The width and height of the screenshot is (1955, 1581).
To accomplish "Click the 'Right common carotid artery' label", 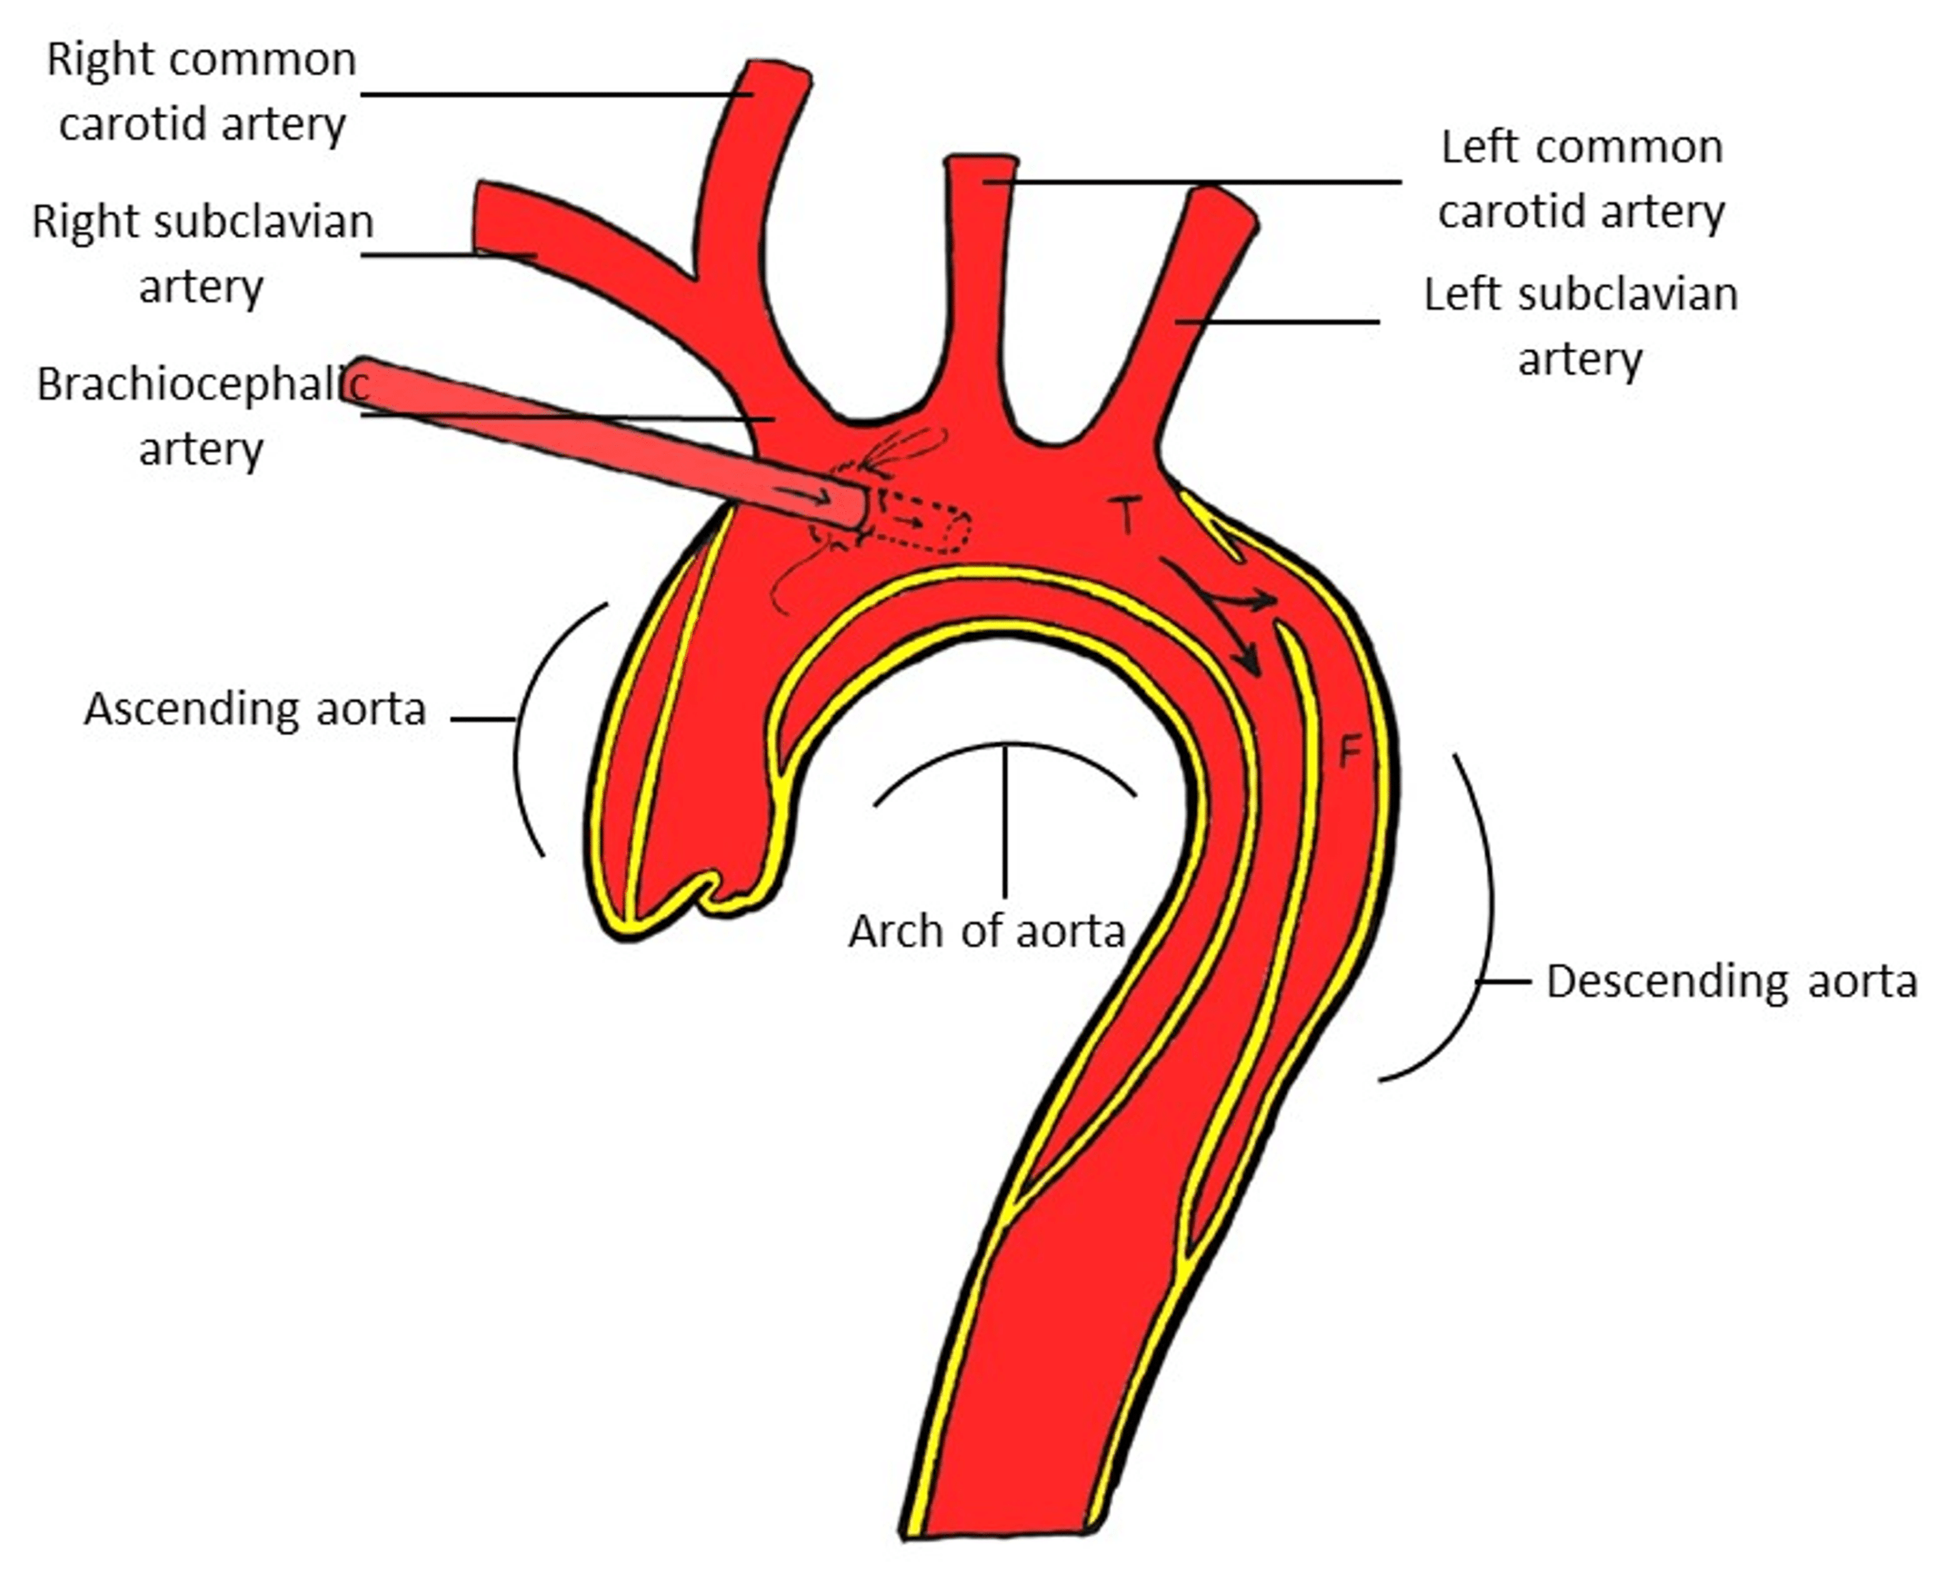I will pyautogui.click(x=201, y=91).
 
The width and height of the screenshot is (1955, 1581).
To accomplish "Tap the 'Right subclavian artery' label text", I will pyautogui.click(x=202, y=253).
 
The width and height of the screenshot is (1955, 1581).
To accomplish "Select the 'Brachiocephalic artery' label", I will pyautogui.click(x=201, y=415).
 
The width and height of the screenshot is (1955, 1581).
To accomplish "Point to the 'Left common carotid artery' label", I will pyautogui.click(x=1582, y=179).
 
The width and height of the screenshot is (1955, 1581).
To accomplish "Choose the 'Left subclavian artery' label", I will pyautogui.click(x=1581, y=325).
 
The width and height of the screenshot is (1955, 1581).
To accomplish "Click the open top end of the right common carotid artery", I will pyautogui.click(x=779, y=71).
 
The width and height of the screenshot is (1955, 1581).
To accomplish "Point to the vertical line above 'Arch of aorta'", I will pyautogui.click(x=1006, y=820).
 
